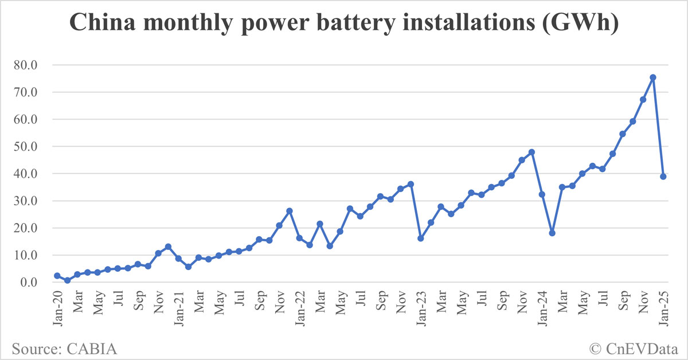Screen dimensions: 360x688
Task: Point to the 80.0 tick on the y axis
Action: coord(26,65)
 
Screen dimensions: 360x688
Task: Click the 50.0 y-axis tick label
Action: coord(26,147)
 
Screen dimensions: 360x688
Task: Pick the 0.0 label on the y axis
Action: coord(29,283)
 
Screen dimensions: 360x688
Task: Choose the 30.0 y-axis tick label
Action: coord(26,201)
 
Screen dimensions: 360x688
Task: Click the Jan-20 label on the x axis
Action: coord(58,309)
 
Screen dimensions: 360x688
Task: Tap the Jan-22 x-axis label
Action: coord(300,309)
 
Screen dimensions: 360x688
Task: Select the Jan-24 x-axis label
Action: coord(542,309)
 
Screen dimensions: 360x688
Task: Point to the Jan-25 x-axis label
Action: coord(663,309)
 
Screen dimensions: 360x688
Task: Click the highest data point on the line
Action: coord(653,77)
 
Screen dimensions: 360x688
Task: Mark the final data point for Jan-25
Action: coord(663,177)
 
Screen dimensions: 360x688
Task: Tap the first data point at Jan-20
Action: coord(57,276)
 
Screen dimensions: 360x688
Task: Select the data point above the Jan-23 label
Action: coord(420,238)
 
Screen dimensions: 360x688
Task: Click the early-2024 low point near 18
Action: coord(552,233)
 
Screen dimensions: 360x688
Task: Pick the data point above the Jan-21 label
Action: coord(178,259)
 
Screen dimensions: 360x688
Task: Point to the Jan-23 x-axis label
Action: coord(421,309)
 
